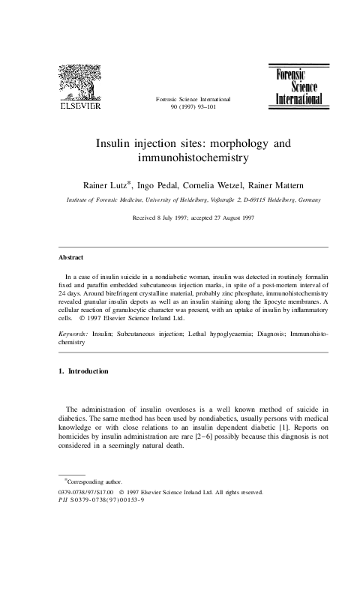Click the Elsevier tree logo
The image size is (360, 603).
pos(79,79)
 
